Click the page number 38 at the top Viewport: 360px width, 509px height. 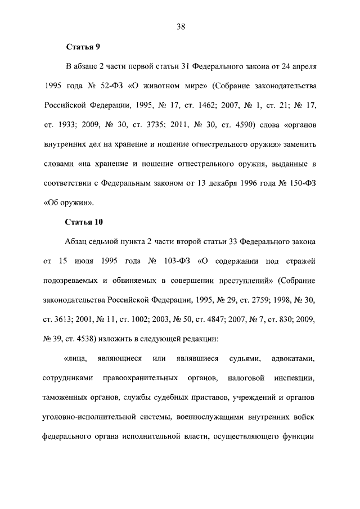tap(179, 26)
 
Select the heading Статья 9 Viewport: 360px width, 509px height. tap(82, 47)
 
